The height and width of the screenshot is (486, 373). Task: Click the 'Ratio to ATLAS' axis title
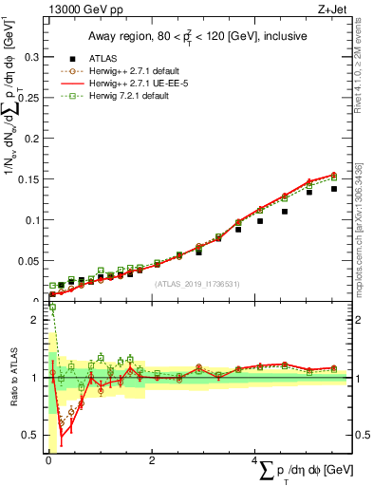pos(11,378)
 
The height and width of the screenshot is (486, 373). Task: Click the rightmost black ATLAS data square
pos(333,189)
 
